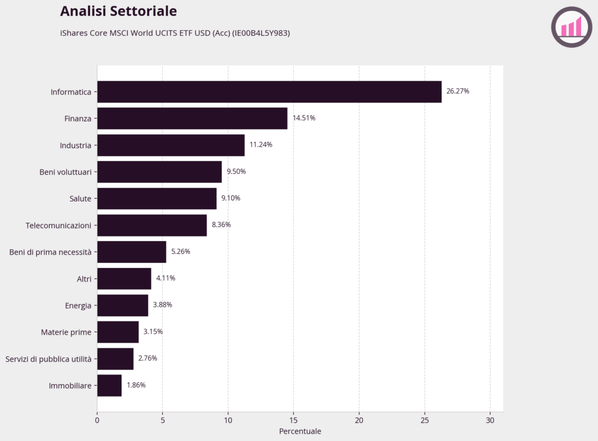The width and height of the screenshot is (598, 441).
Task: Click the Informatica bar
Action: point(269,92)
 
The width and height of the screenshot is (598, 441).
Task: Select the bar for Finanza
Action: point(192,118)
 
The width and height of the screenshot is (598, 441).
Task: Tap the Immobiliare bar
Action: point(109,386)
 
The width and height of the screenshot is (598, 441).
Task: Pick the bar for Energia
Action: point(123,305)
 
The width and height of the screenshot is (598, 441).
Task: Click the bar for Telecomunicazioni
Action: point(152,225)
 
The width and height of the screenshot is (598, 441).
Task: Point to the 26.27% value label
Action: point(458,92)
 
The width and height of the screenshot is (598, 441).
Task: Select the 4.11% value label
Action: point(165,278)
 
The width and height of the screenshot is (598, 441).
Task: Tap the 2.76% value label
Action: point(147,358)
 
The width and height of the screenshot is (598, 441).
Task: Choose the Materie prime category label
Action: point(66,332)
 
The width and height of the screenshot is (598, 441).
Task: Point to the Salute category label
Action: point(80,199)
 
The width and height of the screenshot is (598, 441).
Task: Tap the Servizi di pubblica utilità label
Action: point(48,359)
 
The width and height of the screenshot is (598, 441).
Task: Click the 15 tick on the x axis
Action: point(293,420)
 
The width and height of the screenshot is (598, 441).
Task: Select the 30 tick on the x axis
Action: point(490,420)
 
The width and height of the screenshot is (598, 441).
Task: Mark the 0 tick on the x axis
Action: point(97,420)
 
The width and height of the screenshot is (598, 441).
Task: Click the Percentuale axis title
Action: point(300,432)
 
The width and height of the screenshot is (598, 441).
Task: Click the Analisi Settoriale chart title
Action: point(119,11)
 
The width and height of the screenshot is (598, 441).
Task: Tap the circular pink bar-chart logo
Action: point(571,27)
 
